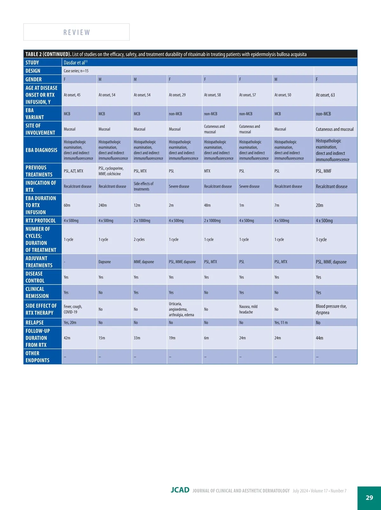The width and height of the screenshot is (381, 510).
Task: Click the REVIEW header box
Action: click(x=77, y=32)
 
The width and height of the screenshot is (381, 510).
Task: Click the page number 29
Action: click(x=369, y=498)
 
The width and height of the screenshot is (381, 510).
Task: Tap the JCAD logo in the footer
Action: click(x=180, y=490)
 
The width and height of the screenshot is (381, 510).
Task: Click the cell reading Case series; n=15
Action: click(x=76, y=71)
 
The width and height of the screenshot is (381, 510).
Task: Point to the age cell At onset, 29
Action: click(x=177, y=95)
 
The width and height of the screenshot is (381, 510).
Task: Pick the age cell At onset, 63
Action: click(x=325, y=95)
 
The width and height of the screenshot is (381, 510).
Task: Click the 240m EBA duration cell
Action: click(x=103, y=205)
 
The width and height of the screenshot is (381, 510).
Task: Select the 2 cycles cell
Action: click(x=139, y=239)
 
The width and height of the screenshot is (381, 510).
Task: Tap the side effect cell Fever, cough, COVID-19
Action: click(x=73, y=309)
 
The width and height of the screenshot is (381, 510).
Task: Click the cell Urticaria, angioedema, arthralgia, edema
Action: click(x=181, y=309)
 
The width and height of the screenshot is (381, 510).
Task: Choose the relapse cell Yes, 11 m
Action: click(x=281, y=323)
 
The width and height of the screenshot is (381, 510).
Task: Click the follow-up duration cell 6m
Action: click(x=206, y=338)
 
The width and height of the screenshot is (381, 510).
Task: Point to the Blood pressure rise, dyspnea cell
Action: click(x=331, y=309)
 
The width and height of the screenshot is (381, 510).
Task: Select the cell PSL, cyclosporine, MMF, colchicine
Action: click(x=111, y=171)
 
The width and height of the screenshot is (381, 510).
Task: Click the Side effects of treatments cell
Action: click(x=144, y=186)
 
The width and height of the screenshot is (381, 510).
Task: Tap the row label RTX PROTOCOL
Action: click(x=41, y=221)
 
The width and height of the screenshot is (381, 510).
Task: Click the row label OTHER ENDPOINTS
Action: click(x=37, y=357)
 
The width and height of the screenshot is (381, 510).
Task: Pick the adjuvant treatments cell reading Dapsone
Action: click(x=104, y=262)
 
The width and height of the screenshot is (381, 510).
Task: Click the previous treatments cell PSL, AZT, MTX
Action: click(x=73, y=171)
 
